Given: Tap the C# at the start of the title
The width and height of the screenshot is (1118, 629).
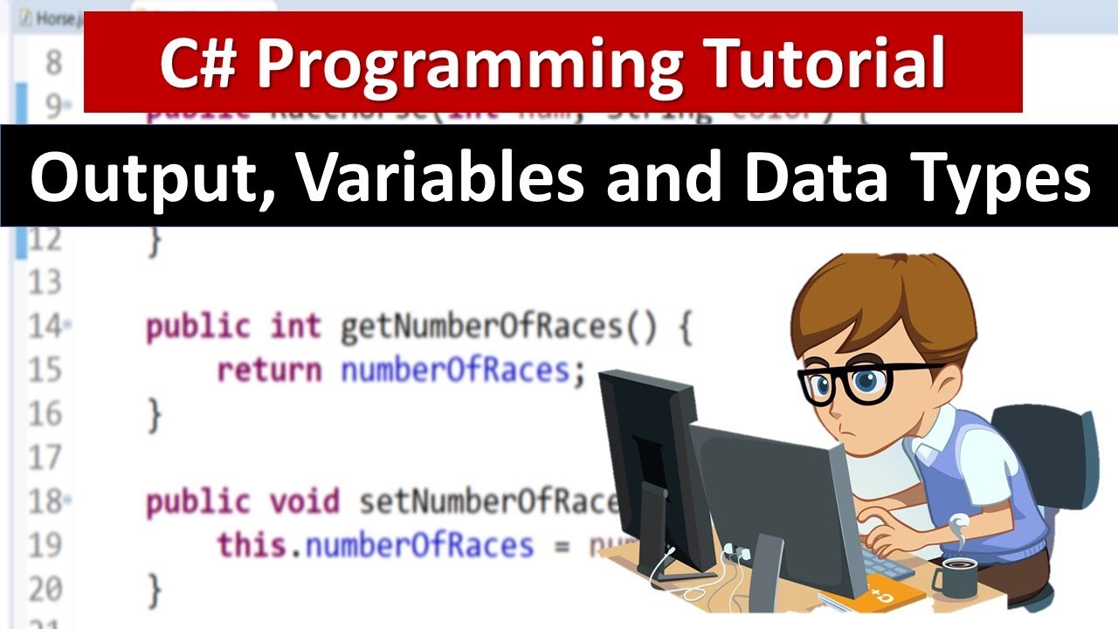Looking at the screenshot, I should pos(196,63).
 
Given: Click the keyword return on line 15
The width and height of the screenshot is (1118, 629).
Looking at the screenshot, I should pos(269,370).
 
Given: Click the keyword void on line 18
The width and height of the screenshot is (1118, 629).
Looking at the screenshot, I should pos(304,501).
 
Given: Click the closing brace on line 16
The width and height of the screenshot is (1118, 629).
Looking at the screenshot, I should pos(155,414).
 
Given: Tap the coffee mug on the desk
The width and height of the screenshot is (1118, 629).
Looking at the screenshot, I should pos(956,575).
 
